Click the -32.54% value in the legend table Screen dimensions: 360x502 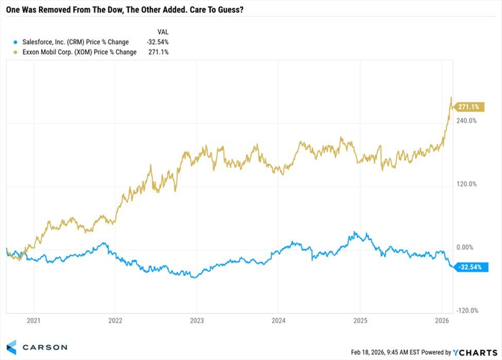[157, 42]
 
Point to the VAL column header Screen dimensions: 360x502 [163, 31]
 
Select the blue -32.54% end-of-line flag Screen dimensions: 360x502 [469, 266]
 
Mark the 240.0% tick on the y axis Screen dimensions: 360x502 [466, 121]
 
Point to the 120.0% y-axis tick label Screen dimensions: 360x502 [466, 184]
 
